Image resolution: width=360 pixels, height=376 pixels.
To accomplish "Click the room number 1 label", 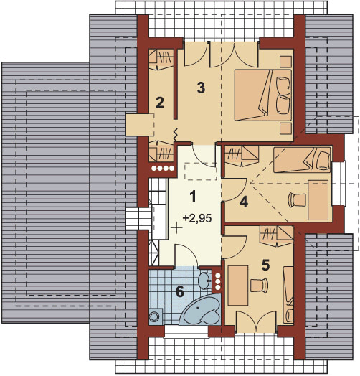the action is [x=193, y=196].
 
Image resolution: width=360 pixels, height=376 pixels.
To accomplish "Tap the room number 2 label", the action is [x=160, y=103].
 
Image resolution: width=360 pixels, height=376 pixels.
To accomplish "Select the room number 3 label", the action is [x=201, y=88].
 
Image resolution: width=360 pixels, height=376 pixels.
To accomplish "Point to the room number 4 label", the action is [x=244, y=202].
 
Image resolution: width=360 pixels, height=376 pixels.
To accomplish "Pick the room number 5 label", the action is [x=265, y=265].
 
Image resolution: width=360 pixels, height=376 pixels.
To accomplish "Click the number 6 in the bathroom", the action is [x=180, y=291].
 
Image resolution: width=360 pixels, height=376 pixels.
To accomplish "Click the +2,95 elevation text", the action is [x=197, y=218].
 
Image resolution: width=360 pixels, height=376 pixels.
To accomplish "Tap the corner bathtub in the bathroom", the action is [x=200, y=309].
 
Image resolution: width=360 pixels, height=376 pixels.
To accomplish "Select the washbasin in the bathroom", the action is [x=205, y=281].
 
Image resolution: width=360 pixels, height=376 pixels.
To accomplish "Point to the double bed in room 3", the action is [x=263, y=95].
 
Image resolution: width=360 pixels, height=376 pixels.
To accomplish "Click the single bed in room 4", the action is [x=302, y=160].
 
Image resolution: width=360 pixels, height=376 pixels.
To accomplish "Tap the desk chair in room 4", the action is [x=297, y=199].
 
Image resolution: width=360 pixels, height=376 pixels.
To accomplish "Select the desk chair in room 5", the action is [x=259, y=286].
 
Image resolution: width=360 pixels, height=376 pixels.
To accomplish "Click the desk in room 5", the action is [x=238, y=286].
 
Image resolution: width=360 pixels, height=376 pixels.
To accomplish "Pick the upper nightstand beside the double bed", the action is [x=286, y=62].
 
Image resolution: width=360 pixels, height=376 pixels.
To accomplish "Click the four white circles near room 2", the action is [x=163, y=169].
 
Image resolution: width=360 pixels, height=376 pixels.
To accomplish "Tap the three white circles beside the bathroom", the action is [x=218, y=281].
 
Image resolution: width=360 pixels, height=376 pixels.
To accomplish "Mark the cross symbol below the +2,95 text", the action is [x=176, y=227].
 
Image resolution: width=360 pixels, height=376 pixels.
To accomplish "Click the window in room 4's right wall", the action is [x=339, y=184].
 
